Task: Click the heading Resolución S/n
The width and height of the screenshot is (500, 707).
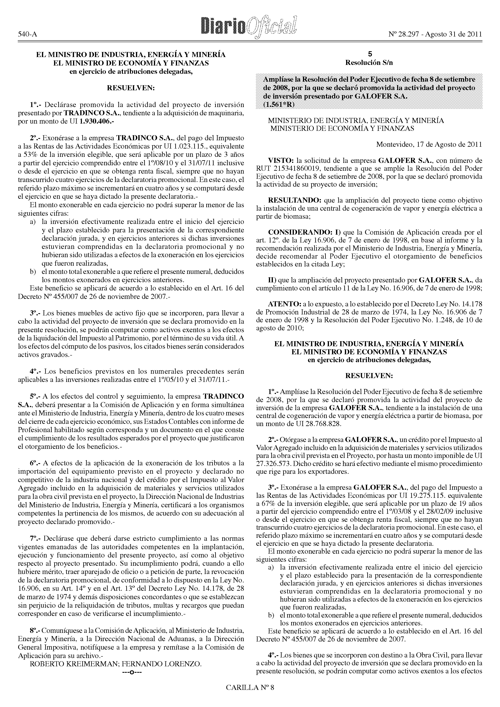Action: [x=369, y=63]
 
